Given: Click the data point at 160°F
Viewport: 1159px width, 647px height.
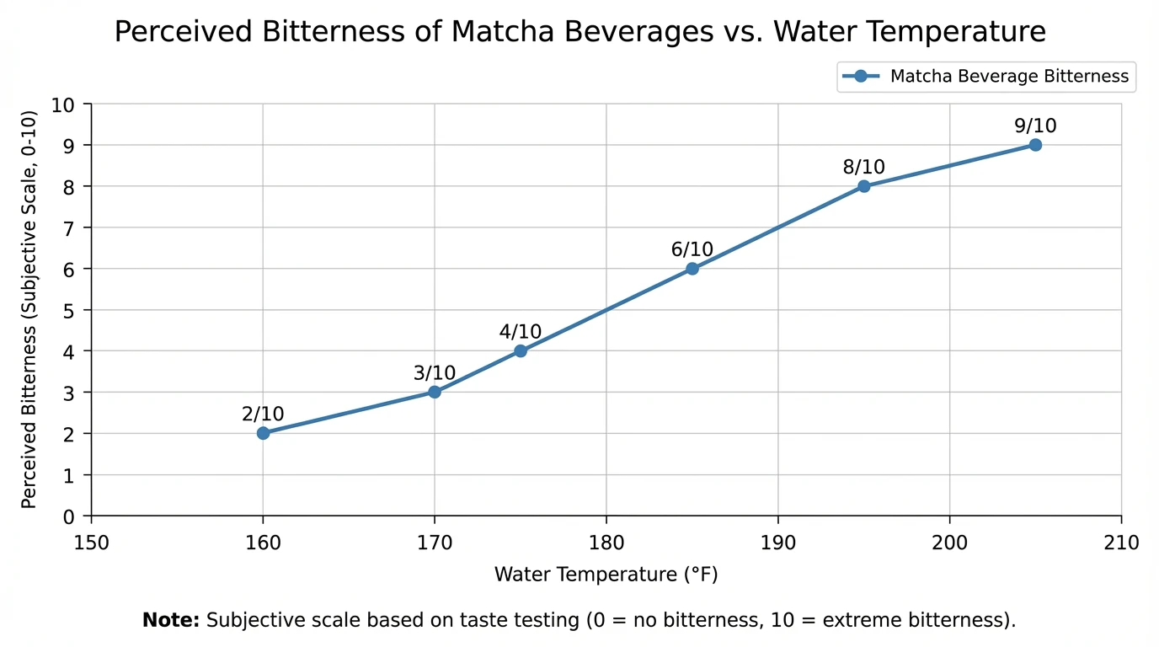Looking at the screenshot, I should coord(263,433).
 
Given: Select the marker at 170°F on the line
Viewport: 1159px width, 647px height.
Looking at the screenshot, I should coord(435,392).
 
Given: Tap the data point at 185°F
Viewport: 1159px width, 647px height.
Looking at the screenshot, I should coord(692,269).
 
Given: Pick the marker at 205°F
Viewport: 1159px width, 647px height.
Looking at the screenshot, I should coord(1035,145).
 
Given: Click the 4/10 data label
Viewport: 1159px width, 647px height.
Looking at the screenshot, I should coord(521,332).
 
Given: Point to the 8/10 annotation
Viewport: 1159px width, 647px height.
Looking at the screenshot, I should coord(864,168).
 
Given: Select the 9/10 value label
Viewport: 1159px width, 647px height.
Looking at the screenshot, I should coord(1035,126).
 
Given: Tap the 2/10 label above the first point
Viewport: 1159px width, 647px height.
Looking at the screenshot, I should coord(263,414).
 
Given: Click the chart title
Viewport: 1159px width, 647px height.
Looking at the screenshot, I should coord(579,32).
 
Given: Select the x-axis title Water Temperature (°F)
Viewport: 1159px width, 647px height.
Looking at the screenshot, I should coord(606,575).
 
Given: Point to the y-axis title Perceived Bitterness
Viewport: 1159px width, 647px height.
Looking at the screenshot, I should coord(29,309).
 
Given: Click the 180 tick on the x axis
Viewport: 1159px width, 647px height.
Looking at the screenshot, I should coord(606,541).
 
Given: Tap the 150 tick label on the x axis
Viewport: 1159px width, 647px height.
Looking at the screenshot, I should coord(92,541).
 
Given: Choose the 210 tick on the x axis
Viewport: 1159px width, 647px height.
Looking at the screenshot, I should coord(1121,541).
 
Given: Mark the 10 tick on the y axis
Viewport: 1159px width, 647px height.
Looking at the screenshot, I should coord(63,104).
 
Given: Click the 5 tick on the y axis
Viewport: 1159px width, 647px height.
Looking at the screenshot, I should coord(69,310).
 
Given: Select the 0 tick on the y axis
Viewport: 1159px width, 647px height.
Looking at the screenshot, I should coord(69,516).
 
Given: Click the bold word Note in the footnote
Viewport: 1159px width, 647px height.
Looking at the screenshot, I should coord(170,621).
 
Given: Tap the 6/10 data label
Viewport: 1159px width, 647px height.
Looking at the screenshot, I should coord(692,250).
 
